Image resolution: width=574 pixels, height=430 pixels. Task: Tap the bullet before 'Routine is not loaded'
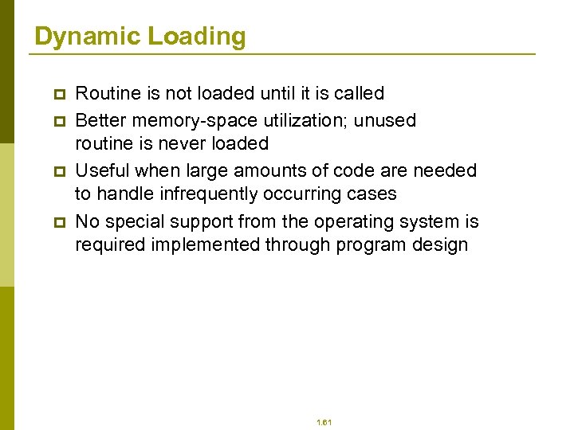[x=57, y=95]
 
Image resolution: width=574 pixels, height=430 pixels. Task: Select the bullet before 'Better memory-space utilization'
[x=57, y=121]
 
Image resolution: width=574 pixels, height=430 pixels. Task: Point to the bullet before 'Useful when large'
[x=57, y=171]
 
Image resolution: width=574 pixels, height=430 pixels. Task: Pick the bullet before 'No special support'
[x=57, y=222]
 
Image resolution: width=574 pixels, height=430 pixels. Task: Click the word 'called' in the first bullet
[x=359, y=94]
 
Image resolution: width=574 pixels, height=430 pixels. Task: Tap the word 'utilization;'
[x=304, y=120]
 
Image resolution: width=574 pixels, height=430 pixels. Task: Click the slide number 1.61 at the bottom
[x=324, y=422]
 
